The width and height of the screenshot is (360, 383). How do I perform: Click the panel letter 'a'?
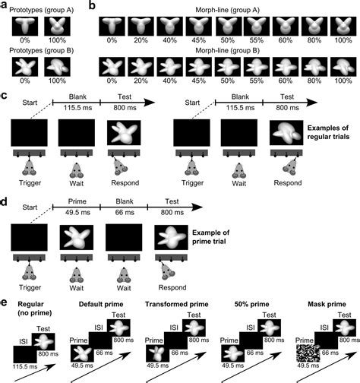[5, 5]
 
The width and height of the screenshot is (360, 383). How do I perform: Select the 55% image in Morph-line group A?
[260, 27]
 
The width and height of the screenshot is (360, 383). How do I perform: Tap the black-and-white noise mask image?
[307, 353]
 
